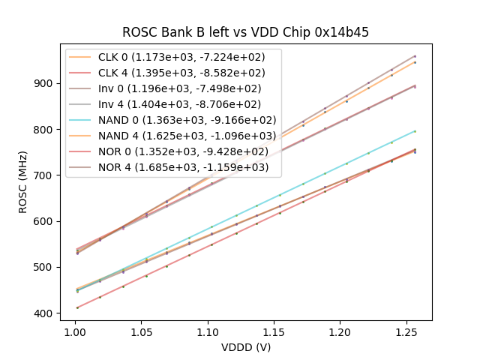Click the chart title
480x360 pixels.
[x=245, y=33]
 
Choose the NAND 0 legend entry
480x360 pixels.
[x=184, y=120]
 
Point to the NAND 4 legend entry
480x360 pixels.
[x=184, y=136]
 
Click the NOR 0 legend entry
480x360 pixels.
[x=181, y=151]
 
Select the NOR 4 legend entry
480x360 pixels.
[x=181, y=167]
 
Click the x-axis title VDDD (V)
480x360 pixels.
[x=245, y=347]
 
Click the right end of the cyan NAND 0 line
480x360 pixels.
[x=415, y=131]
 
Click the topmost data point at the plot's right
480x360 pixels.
[x=415, y=56]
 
